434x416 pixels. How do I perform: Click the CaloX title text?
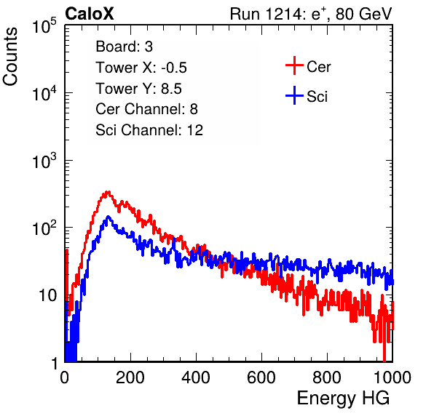pyautogui.click(x=89, y=14)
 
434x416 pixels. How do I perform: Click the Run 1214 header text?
pyautogui.click(x=311, y=14)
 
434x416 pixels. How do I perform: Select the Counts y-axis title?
pyautogui.click(x=10, y=56)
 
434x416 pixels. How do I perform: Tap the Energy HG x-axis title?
pyautogui.click(x=343, y=398)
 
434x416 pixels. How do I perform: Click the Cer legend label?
pyautogui.click(x=318, y=67)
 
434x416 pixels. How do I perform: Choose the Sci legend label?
pyautogui.click(x=317, y=97)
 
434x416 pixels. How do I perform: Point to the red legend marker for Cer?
pyautogui.click(x=294, y=65)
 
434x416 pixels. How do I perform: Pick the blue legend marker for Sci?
pyautogui.click(x=294, y=95)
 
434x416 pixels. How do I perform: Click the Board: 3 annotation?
pyautogui.click(x=124, y=47)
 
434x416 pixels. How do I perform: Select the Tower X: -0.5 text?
pyautogui.click(x=141, y=68)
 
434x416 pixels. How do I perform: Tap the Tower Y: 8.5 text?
pyautogui.click(x=138, y=89)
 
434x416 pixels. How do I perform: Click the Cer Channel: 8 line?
pyautogui.click(x=146, y=109)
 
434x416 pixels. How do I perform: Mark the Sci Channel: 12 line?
pyautogui.click(x=149, y=130)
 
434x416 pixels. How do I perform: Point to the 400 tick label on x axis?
pyautogui.click(x=196, y=377)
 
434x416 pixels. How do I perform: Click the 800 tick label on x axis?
pyautogui.click(x=327, y=377)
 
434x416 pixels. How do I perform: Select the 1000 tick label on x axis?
pyautogui.click(x=392, y=377)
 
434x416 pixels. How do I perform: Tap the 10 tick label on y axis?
pyautogui.click(x=47, y=295)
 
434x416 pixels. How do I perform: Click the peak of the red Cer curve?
pyautogui.click(x=108, y=191)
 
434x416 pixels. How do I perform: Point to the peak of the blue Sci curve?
pyautogui.click(x=108, y=217)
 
